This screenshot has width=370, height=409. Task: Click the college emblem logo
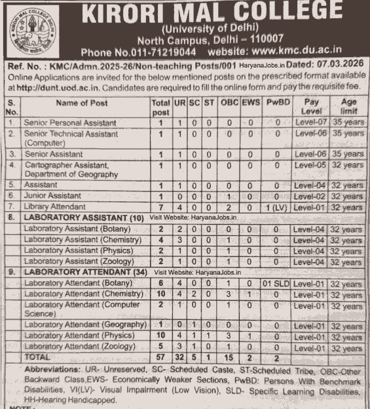[24, 29]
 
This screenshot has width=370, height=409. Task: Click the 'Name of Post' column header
[82, 103]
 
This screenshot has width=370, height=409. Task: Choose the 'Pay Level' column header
[312, 107]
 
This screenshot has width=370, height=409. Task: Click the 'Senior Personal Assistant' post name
[70, 123]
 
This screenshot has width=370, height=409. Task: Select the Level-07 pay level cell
[310, 123]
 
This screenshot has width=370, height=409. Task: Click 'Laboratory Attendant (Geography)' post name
[84, 325]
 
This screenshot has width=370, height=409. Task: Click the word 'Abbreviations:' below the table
[53, 369]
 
